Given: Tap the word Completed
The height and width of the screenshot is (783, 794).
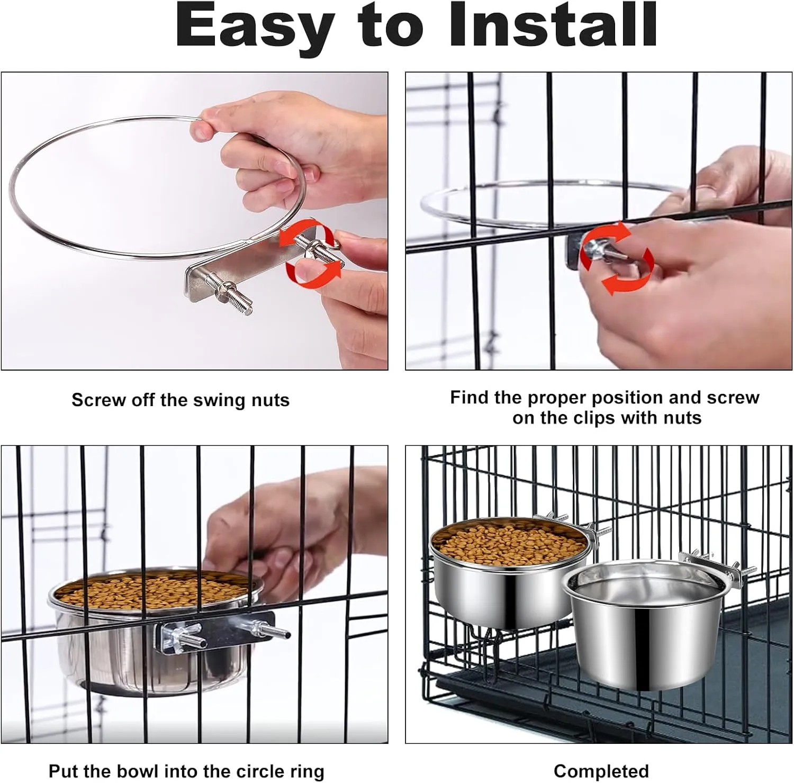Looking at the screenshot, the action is (x=601, y=771).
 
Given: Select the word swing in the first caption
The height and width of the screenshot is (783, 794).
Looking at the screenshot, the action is (x=213, y=401).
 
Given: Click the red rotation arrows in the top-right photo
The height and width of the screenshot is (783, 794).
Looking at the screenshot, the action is (x=616, y=258).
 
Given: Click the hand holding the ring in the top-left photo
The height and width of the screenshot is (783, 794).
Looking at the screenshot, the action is (x=291, y=151).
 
